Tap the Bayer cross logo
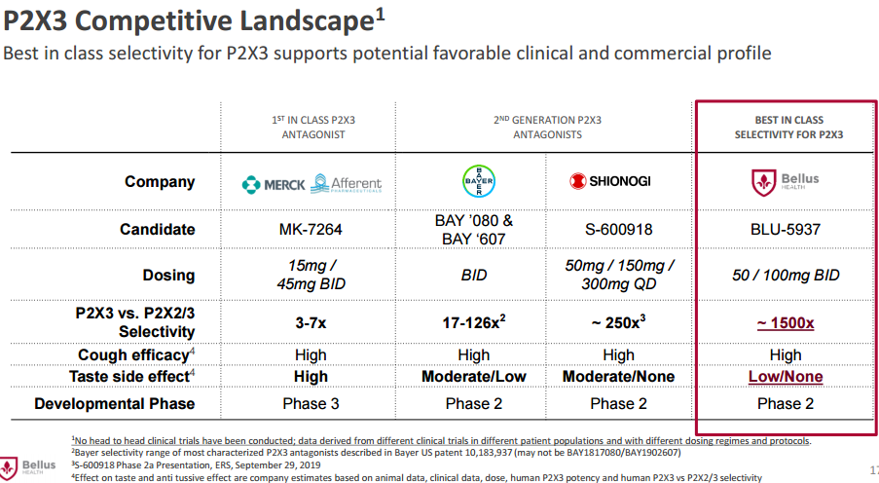click(478, 181)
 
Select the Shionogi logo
click(611, 181)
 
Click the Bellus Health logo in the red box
click(786, 181)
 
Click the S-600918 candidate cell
click(618, 230)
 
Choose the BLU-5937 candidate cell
click(786, 230)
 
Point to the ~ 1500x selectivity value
click(786, 322)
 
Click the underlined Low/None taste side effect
click(786, 377)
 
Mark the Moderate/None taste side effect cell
click(618, 377)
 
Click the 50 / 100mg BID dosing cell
click(786, 276)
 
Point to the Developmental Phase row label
click(115, 403)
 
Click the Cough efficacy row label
click(134, 355)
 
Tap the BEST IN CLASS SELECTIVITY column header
click(788, 127)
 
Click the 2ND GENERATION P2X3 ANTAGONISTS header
click(547, 127)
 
